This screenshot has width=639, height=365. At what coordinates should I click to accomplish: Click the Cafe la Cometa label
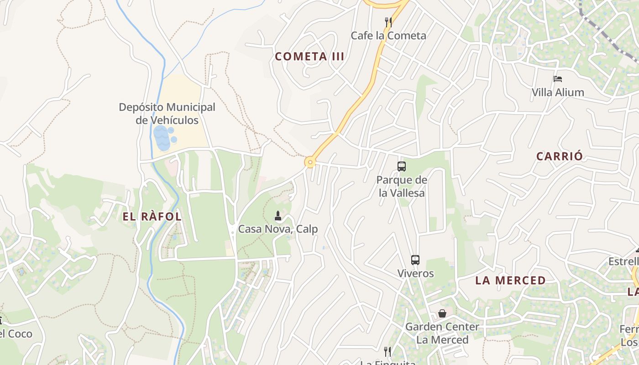[x=388, y=36]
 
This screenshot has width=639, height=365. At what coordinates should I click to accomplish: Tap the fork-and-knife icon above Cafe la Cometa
[x=388, y=22]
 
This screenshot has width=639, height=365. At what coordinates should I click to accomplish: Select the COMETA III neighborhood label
[x=309, y=57]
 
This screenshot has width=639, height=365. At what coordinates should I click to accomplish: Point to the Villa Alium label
[x=558, y=92]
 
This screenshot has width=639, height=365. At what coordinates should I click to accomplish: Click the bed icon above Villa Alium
[x=558, y=78]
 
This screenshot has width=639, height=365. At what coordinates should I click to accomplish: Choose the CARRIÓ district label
[x=560, y=156]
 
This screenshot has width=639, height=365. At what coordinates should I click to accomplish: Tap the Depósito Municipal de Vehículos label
[x=167, y=114]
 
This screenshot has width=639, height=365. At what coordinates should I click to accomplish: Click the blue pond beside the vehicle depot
[x=162, y=138]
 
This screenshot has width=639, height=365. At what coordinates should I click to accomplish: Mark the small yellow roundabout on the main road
[x=310, y=162]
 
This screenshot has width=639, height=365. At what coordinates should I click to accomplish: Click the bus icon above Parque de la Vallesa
[x=402, y=167]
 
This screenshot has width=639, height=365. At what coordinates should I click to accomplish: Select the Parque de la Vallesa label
[x=402, y=186]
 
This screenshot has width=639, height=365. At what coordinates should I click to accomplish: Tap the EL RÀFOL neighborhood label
[x=152, y=217]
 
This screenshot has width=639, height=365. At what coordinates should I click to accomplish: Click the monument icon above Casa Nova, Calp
[x=278, y=215]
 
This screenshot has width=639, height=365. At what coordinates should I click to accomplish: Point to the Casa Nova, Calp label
[x=278, y=229]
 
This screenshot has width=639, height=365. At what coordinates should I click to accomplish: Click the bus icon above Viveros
[x=415, y=260]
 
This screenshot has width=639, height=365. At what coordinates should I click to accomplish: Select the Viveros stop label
[x=415, y=273]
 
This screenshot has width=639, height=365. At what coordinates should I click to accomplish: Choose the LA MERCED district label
[x=510, y=280]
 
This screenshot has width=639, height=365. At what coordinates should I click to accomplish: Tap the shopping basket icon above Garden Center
[x=442, y=313]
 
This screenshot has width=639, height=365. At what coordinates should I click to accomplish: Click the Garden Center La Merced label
[x=442, y=333]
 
